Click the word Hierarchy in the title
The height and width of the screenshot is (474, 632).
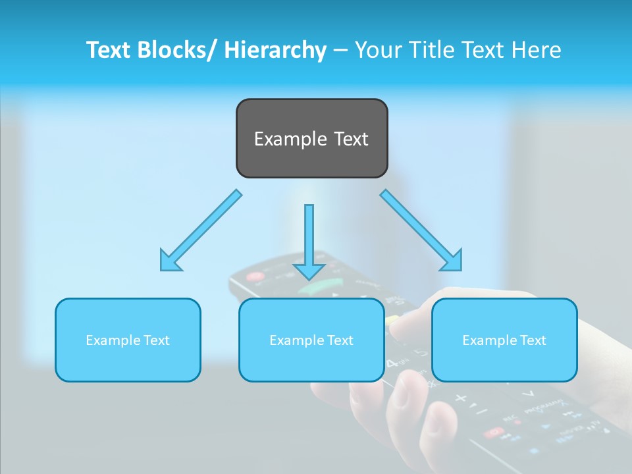[275, 51]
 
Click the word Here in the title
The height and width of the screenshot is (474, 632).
[535, 51]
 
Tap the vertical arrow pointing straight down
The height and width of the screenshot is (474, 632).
[309, 237]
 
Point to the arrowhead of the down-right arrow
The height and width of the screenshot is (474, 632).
[452, 261]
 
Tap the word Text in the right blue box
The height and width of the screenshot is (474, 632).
[532, 340]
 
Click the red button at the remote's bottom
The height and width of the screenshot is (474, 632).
[492, 432]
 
